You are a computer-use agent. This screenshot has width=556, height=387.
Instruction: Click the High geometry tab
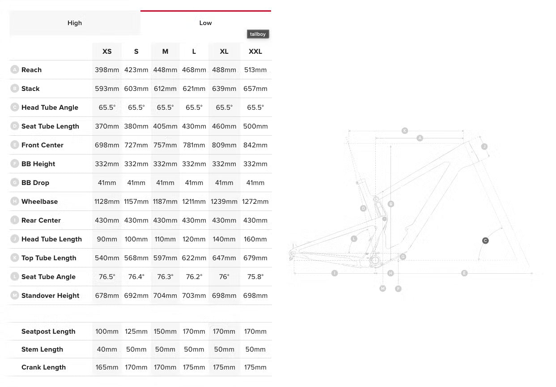[x=75, y=23]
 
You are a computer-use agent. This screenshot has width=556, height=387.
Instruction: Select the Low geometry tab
[x=205, y=23]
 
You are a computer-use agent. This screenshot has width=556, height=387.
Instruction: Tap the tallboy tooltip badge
[x=258, y=34]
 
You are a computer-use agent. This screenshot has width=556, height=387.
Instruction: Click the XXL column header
[x=255, y=52]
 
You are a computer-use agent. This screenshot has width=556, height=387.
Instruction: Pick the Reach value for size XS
[x=107, y=70]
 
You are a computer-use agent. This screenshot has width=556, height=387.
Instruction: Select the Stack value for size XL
[x=224, y=89]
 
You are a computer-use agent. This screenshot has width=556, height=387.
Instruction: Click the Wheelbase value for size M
[x=165, y=202]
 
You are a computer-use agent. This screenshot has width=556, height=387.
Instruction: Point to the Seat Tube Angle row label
[x=48, y=277]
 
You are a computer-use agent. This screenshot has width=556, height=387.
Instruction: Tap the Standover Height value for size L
[x=194, y=296]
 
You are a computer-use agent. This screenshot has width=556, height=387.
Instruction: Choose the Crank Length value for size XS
[x=107, y=367]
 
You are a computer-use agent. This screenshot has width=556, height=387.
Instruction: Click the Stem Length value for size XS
[x=107, y=349]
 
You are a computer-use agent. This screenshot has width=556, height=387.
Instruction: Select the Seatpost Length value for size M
[x=165, y=331]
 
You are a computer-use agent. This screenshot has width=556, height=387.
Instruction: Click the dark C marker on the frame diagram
[x=485, y=241]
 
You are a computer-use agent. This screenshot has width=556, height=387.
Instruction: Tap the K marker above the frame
[x=405, y=131]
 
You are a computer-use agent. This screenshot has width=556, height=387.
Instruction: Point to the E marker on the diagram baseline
[x=464, y=273]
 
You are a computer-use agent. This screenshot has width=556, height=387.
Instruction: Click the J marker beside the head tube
[x=484, y=146]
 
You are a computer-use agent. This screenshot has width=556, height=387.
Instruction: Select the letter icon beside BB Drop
[x=15, y=183]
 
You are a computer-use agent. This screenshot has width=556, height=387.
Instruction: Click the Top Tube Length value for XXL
[x=255, y=258]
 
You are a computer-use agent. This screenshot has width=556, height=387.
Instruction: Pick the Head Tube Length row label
[x=51, y=239]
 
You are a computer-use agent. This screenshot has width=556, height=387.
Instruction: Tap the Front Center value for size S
[x=136, y=145]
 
